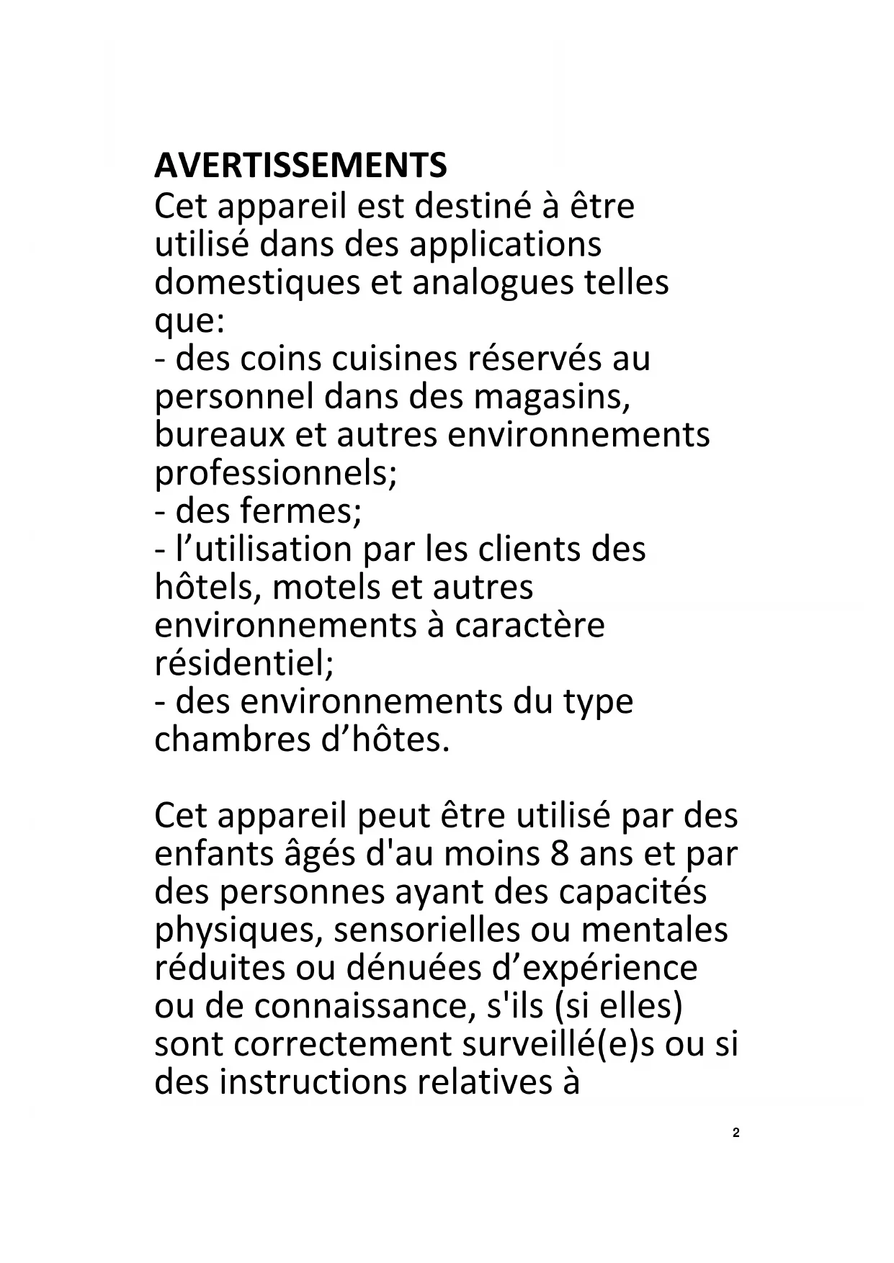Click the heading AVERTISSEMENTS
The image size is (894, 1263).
tap(300, 166)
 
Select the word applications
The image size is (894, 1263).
tap(505, 245)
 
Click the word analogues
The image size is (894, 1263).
tap(491, 282)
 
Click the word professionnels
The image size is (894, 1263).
tap(275, 474)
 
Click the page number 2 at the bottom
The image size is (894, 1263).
tap(736, 1133)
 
